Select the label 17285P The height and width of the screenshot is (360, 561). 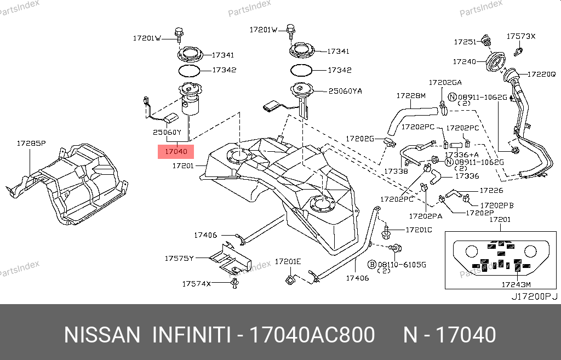point(30,144)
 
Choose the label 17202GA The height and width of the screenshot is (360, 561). point(445,82)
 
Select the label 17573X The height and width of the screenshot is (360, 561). point(520,36)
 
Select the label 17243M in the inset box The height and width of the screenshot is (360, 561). point(516,284)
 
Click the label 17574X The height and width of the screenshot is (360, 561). point(197,284)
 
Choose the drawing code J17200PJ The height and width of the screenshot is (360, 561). point(534,296)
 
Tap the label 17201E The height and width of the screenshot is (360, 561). point(288,262)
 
